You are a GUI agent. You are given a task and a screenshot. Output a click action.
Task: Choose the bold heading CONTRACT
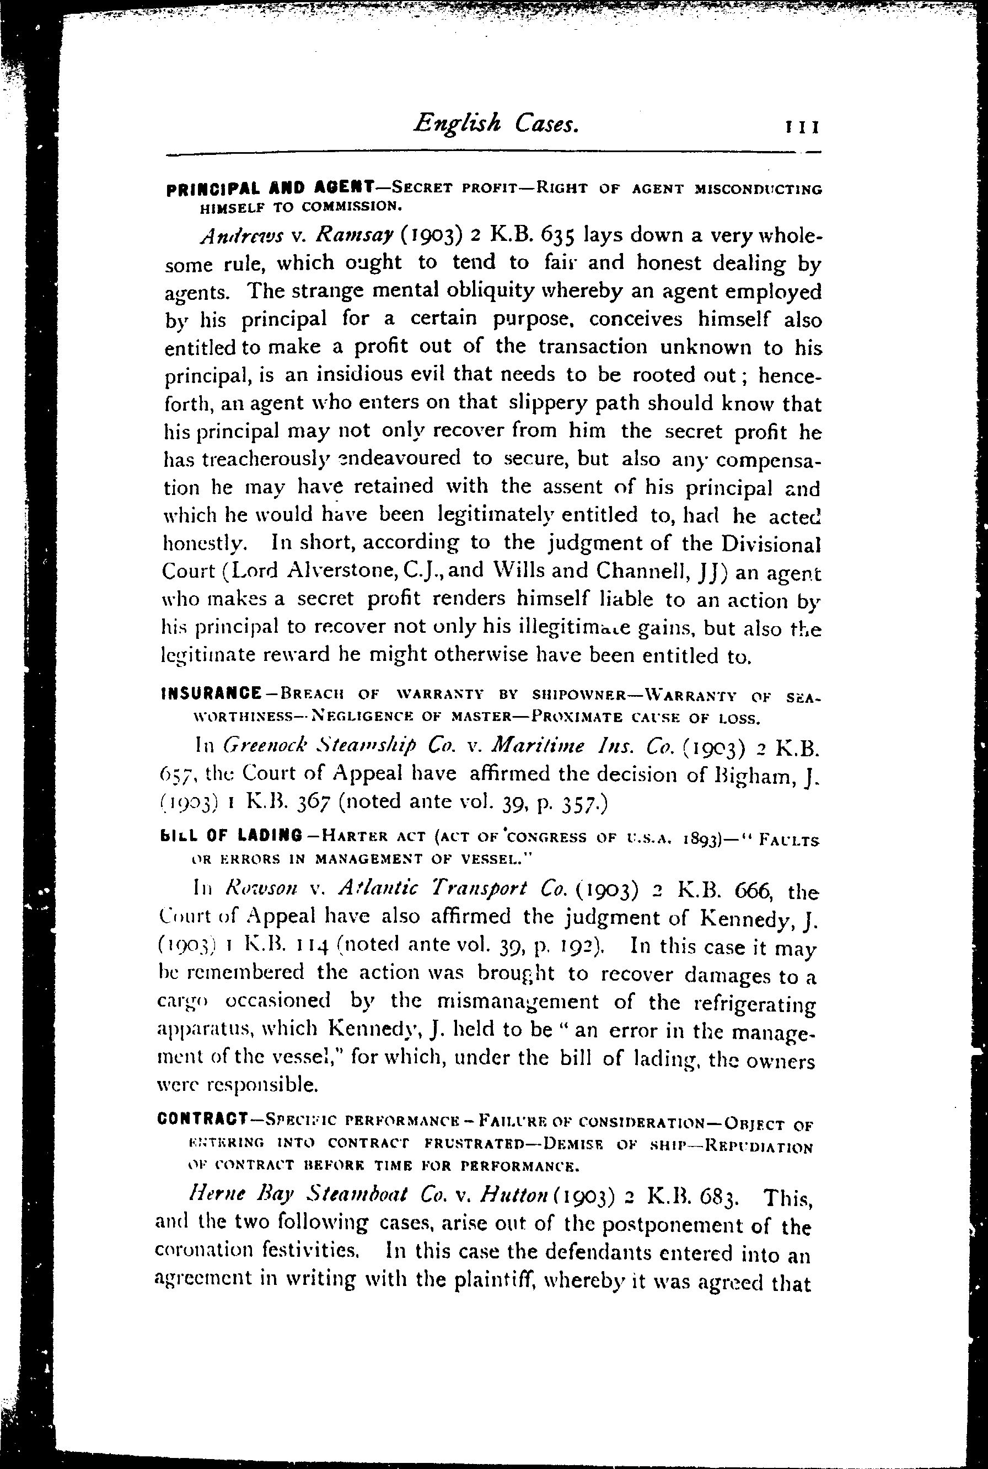pos(202,1121)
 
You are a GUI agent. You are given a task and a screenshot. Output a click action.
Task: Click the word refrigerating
pos(749,1004)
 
